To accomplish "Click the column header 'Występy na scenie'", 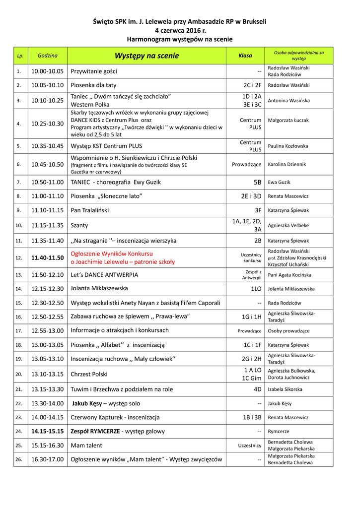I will click(x=146, y=56).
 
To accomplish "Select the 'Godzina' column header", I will click(x=47, y=55).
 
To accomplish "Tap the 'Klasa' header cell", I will click(x=245, y=56).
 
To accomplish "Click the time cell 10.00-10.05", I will click(x=47, y=71).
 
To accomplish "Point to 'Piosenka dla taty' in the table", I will click(x=94, y=85).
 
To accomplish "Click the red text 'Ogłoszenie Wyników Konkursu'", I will click(x=112, y=254).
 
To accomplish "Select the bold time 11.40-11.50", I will click(x=47, y=258).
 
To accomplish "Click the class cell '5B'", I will click(x=257, y=182).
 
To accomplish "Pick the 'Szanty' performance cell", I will click(x=79, y=225).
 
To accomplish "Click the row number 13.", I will click(x=19, y=275).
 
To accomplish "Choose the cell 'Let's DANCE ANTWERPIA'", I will click(x=104, y=275).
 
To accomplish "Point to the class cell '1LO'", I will click(x=256, y=289).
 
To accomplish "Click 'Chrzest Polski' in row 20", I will click(x=89, y=374).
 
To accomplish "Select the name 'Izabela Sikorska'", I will click(x=285, y=389).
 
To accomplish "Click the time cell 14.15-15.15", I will click(x=47, y=432).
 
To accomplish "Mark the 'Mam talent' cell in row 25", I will click(x=86, y=445).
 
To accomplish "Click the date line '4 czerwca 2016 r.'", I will click(x=180, y=30).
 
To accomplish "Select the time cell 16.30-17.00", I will click(x=47, y=459).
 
